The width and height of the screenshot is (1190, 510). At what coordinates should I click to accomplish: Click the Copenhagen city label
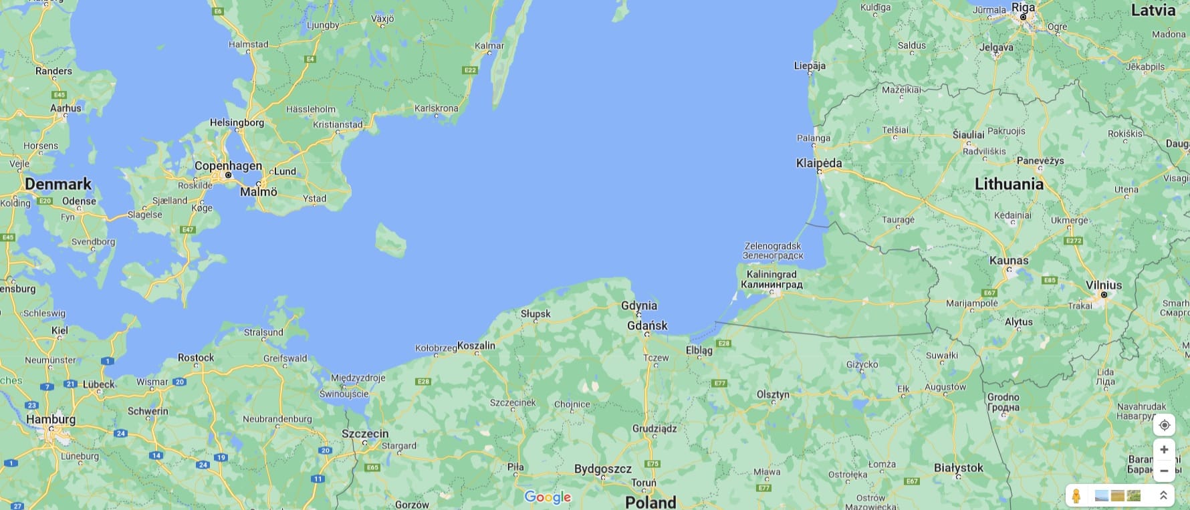point(228,166)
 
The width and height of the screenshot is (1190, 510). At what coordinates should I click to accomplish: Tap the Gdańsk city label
point(647,326)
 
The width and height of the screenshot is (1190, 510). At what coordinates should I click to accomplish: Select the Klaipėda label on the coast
point(819,163)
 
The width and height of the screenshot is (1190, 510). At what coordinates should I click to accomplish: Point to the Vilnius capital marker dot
point(1104,295)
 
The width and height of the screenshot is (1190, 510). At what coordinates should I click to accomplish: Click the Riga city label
point(1023,7)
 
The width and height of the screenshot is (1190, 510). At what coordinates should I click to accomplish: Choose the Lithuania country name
point(1009,184)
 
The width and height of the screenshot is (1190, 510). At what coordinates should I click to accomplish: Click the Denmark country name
point(58,184)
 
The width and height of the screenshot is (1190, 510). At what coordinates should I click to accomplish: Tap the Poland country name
point(650,502)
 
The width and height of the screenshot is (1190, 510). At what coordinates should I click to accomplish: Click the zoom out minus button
point(1164,471)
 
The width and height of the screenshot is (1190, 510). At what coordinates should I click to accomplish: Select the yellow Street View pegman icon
point(1076,495)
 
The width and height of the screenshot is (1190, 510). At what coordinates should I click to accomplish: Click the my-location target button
point(1164,425)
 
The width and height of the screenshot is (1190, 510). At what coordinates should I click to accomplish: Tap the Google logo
point(548,497)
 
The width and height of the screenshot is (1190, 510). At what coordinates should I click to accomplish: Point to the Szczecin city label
point(365,433)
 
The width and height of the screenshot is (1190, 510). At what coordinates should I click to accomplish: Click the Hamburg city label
point(51,419)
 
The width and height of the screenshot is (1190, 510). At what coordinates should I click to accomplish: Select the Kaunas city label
point(1009,260)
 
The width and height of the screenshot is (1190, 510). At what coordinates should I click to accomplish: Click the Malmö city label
point(258,192)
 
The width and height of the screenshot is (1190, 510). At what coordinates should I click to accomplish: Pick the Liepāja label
point(810,66)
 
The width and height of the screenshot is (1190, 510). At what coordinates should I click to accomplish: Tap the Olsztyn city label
point(773,394)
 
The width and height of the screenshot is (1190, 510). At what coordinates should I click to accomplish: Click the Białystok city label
point(959,468)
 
